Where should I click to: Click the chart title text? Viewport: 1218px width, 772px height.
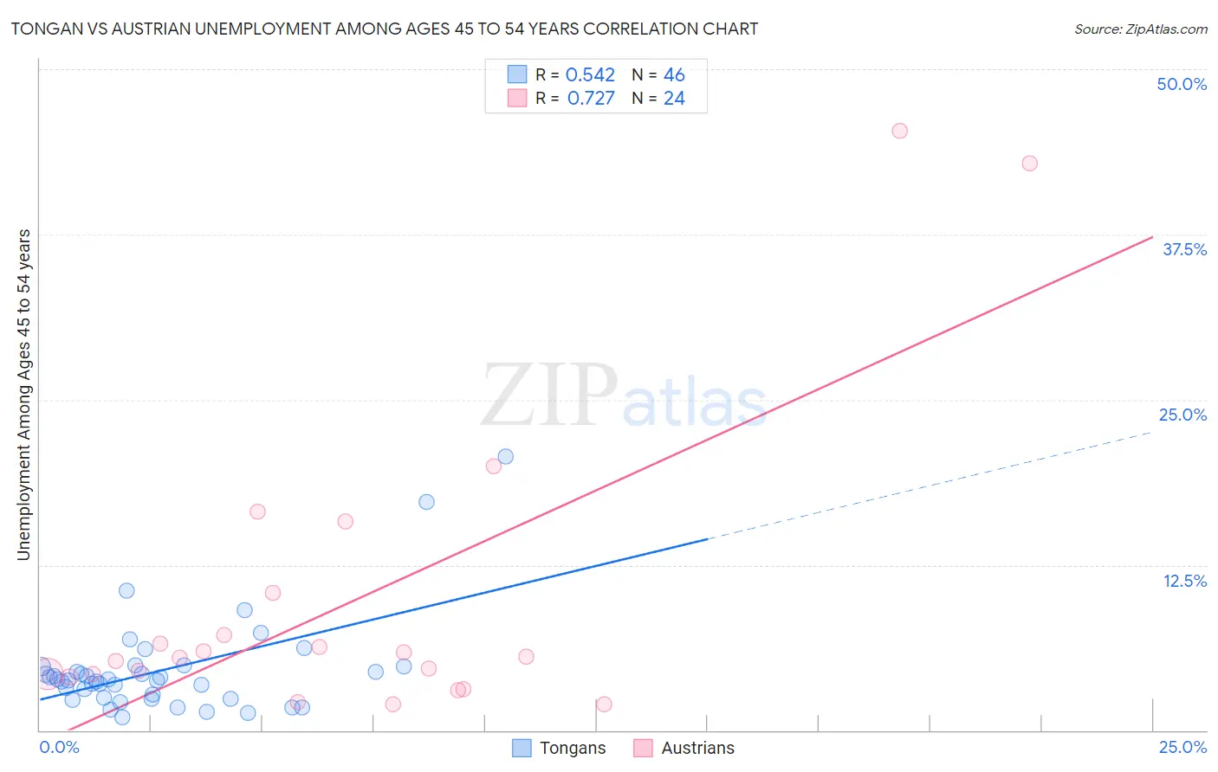click(385, 29)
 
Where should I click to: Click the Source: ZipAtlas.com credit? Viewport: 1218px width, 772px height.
click(1140, 29)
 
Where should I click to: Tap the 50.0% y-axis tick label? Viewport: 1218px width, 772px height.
click(1182, 84)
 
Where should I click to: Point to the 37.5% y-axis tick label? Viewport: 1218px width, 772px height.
click(1184, 249)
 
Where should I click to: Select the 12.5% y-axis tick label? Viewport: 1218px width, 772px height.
click(1184, 581)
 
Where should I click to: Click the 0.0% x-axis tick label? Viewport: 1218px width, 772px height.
click(59, 747)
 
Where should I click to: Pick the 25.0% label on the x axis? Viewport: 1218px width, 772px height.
click(1182, 747)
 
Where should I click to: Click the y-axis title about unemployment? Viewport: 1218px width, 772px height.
click(23, 395)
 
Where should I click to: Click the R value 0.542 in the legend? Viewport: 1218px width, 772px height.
click(590, 75)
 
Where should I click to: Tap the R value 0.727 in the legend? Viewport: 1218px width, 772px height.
click(591, 99)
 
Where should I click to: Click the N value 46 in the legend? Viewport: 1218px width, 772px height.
click(674, 75)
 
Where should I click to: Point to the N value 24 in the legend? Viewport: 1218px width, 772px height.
click(674, 99)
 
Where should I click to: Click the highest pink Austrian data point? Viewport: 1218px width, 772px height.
click(899, 131)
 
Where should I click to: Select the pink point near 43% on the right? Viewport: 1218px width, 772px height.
click(1029, 164)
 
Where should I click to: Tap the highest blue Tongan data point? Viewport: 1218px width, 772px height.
click(505, 456)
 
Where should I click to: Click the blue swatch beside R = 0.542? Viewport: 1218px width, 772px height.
click(517, 74)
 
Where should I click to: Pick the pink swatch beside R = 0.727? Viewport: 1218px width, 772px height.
click(517, 98)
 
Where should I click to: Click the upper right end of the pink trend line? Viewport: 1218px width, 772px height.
click(1151, 237)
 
